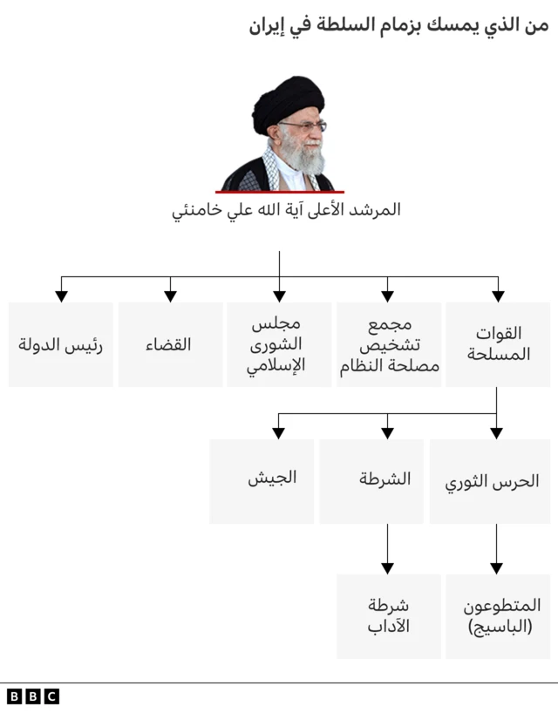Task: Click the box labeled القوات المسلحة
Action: click(x=498, y=344)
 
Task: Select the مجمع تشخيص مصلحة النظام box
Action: click(x=389, y=344)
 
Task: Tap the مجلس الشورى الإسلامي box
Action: click(x=279, y=344)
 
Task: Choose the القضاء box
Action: click(x=170, y=344)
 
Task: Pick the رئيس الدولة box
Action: click(x=61, y=344)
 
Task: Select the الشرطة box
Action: click(x=384, y=481)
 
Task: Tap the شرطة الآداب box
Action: click(x=389, y=615)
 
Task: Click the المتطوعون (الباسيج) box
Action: click(x=498, y=615)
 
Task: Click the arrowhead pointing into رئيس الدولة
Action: click(x=61, y=295)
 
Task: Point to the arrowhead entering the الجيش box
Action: click(x=279, y=431)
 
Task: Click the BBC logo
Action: click(x=32, y=696)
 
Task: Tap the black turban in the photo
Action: click(x=289, y=100)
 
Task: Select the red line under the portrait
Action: click(x=280, y=192)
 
